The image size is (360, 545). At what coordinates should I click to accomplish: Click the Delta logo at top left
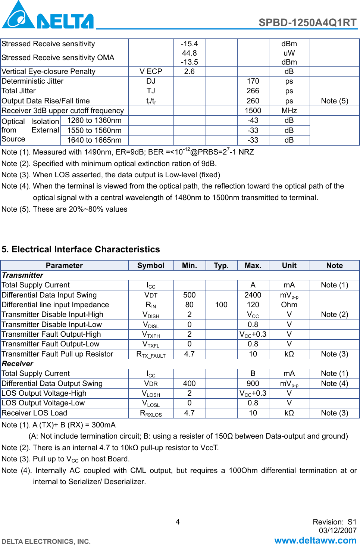tap(47, 16)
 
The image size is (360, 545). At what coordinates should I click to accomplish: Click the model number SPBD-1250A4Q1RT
tap(307, 22)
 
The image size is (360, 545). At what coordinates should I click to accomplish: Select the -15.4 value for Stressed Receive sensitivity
tap(189, 44)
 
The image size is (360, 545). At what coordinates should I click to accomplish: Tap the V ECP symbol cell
tap(151, 71)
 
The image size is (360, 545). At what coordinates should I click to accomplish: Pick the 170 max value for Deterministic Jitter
tap(253, 81)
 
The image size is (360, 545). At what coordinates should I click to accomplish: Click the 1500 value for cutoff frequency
tap(253, 110)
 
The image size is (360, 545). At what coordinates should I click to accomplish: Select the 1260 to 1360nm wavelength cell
tap(94, 120)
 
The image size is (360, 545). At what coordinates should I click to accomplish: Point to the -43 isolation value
tap(253, 120)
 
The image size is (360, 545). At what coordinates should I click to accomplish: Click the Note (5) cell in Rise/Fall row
tap(334, 101)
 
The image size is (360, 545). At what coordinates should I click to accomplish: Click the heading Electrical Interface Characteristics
tap(81, 249)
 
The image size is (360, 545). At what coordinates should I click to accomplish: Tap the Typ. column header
tap(221, 265)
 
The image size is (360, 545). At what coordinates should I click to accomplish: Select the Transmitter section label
tap(22, 275)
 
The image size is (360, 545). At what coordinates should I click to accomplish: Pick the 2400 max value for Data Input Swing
tap(253, 295)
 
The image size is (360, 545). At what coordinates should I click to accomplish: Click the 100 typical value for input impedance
tap(221, 305)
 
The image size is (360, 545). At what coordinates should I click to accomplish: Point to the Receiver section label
tap(18, 364)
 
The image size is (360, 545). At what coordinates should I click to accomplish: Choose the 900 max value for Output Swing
tap(253, 383)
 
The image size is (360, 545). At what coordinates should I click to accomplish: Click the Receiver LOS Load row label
tap(34, 413)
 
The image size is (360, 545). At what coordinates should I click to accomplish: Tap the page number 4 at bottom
tap(178, 522)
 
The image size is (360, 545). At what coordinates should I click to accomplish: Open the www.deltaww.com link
tap(315, 540)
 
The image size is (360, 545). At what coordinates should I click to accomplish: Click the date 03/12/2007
tap(337, 530)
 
